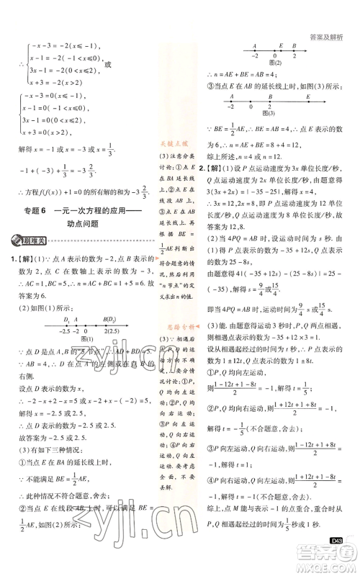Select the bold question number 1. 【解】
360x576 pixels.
pos(20,259)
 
